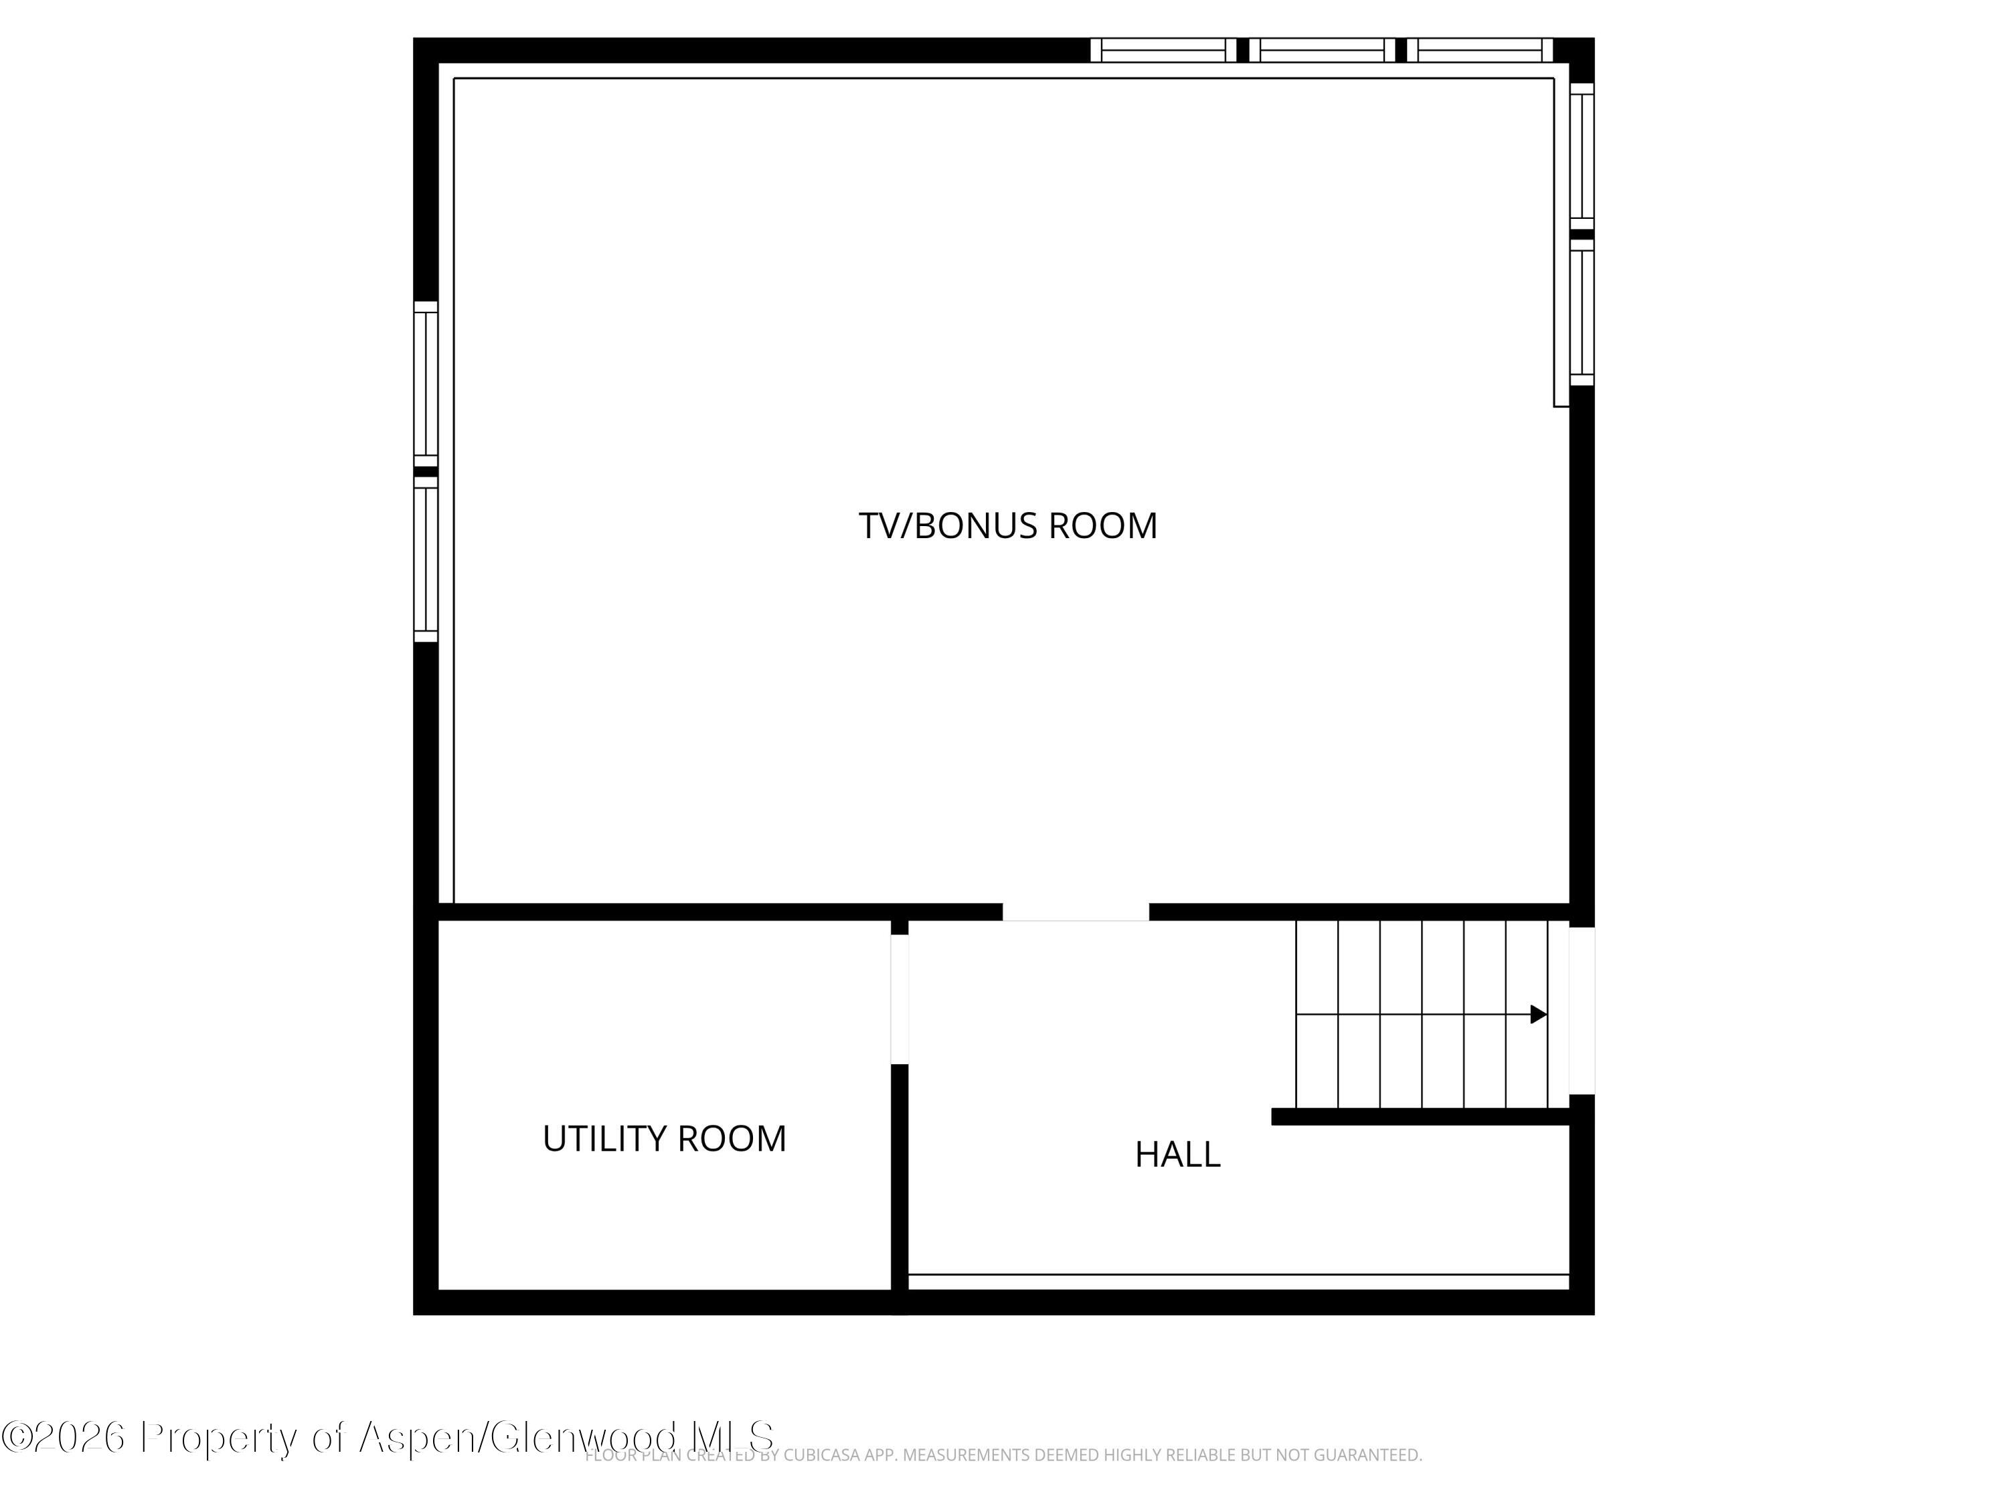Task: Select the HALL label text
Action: [x=1177, y=1155]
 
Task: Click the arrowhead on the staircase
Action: [x=1537, y=1014]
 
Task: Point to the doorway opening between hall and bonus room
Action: [x=1075, y=912]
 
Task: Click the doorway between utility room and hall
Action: [x=899, y=999]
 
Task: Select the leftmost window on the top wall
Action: [x=1163, y=50]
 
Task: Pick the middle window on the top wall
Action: [x=1322, y=50]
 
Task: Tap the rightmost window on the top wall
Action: [x=1480, y=50]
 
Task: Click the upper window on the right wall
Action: [x=1582, y=156]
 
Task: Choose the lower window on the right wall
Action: [x=1582, y=313]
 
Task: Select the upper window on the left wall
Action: [x=426, y=384]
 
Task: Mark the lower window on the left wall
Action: [x=426, y=559]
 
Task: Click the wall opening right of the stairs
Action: [x=1582, y=1010]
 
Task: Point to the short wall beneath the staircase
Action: [x=1421, y=1116]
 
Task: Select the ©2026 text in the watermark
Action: [x=64, y=1437]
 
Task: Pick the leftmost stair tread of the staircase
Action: [x=1317, y=1014]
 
